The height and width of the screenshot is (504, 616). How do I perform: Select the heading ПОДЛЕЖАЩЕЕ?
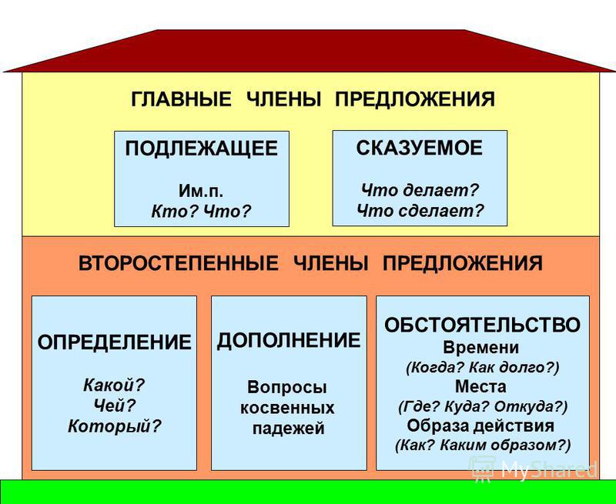tap(201, 149)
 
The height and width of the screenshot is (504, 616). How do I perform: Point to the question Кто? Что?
tap(201, 209)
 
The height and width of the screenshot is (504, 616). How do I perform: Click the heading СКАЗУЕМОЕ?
tap(420, 149)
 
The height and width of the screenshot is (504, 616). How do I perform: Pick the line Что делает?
tap(420, 189)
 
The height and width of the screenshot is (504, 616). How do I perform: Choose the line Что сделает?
tap(420, 209)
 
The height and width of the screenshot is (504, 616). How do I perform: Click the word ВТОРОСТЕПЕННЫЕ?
tap(179, 264)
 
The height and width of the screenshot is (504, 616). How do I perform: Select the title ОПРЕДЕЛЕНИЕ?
tap(114, 342)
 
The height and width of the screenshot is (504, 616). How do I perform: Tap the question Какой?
tap(114, 383)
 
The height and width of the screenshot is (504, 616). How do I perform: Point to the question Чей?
tap(114, 404)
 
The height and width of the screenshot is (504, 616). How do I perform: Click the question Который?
tap(114, 425)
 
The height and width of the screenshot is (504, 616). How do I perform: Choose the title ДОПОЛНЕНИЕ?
tap(289, 341)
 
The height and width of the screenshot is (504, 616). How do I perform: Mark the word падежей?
tap(289, 429)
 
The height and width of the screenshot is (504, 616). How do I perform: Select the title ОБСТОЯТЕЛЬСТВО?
tap(483, 325)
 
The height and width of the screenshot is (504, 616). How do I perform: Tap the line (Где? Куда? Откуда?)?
tap(483, 406)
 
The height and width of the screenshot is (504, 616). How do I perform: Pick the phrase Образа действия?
tap(483, 426)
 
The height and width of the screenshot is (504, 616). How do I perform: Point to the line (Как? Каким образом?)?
tap(483, 445)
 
